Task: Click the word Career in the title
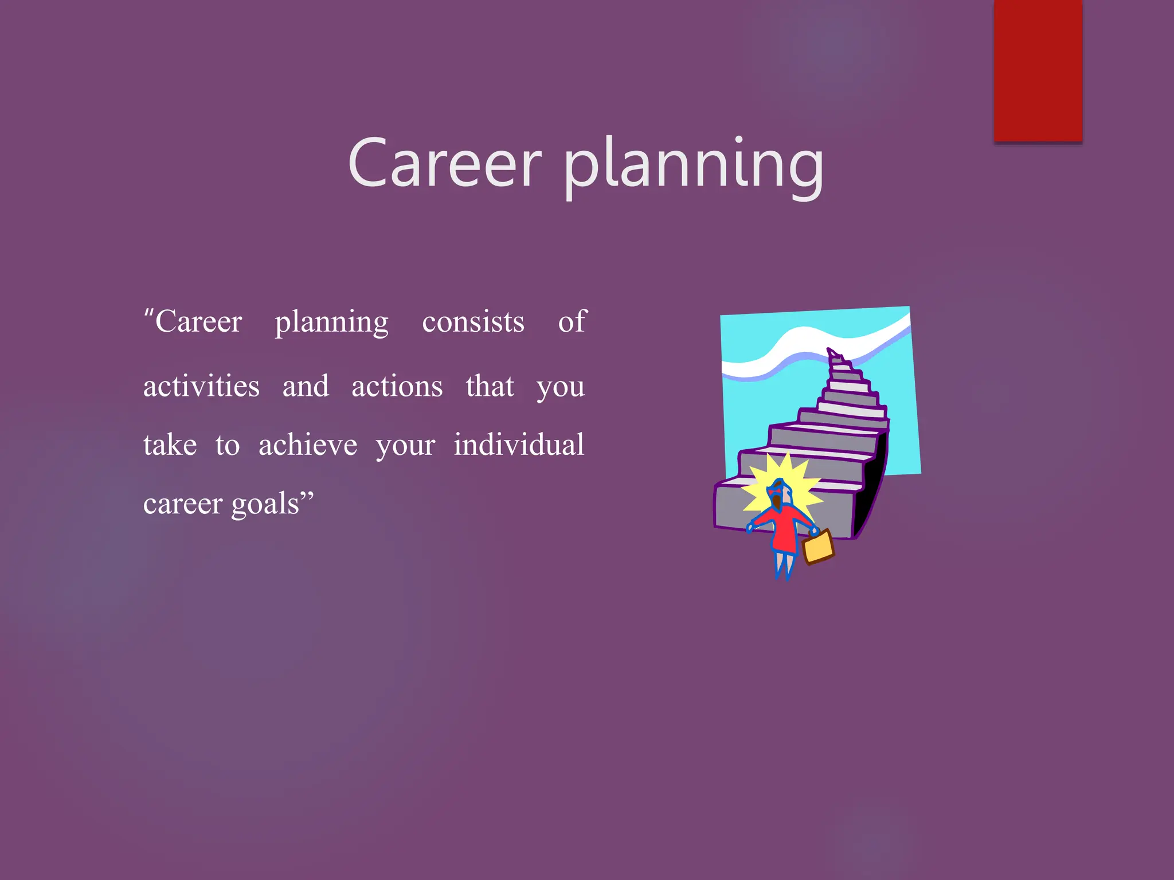[x=444, y=163]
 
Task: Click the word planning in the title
[x=694, y=166]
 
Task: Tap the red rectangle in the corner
[x=1038, y=70]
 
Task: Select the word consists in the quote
[x=473, y=322]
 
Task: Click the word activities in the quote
[x=201, y=386]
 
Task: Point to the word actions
[x=397, y=386]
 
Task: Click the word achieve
[x=308, y=445]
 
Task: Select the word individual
[x=519, y=445]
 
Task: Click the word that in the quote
[x=490, y=386]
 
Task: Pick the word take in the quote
[x=170, y=445]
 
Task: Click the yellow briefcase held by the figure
[x=819, y=546]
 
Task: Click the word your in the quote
[x=405, y=445]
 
